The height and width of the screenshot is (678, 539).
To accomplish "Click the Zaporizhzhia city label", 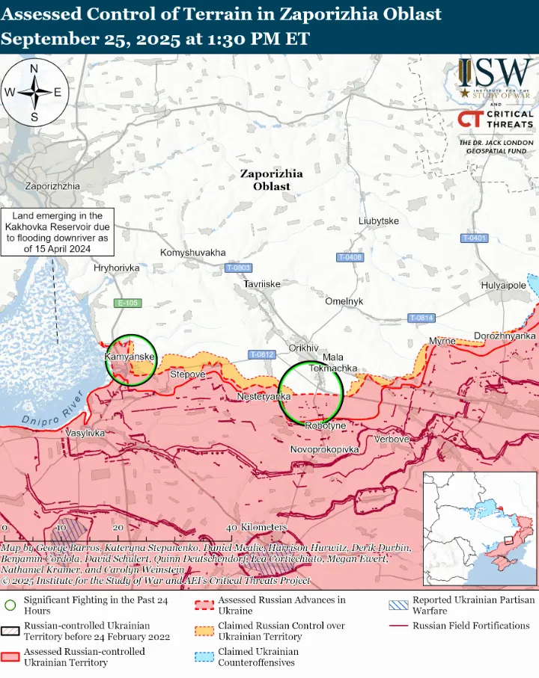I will (52, 186).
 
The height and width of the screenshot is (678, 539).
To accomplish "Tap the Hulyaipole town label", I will (503, 286).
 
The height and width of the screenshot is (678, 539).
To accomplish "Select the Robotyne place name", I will (326, 425).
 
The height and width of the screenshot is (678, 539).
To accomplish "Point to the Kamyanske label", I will (130, 357).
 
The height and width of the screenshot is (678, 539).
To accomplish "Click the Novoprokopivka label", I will (325, 450).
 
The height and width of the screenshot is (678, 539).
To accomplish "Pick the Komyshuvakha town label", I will (192, 253).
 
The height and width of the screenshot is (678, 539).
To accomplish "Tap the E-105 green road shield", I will (128, 303).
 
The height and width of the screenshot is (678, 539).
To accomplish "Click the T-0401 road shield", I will (474, 238).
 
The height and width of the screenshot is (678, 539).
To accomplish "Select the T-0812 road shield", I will (262, 354).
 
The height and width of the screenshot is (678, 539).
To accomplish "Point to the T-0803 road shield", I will (238, 268).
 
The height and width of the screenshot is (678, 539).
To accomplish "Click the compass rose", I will (34, 93).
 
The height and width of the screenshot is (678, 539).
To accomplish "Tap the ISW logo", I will (495, 77).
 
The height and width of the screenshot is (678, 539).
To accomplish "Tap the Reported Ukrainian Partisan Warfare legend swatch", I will (399, 605).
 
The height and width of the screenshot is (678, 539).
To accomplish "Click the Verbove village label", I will (392, 440).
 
